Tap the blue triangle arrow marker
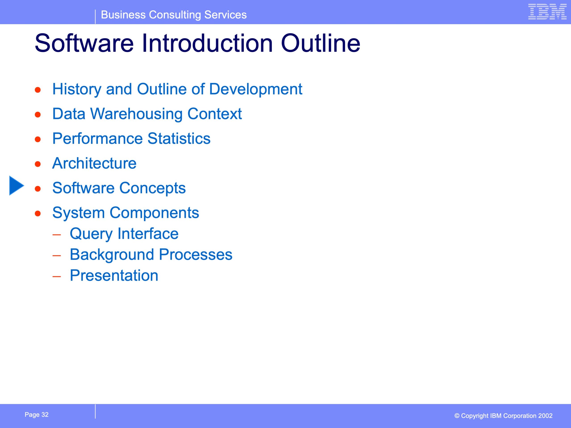pyautogui.click(x=17, y=185)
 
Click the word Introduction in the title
pyautogui.click(x=207, y=43)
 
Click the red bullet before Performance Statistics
pyautogui.click(x=38, y=139)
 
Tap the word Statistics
pyautogui.click(x=179, y=138)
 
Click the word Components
pyautogui.click(x=154, y=213)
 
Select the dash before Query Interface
pyautogui.click(x=56, y=235)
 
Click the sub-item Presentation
pyautogui.click(x=114, y=275)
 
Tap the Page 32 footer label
pyautogui.click(x=36, y=415)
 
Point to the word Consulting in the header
pyautogui.click(x=175, y=15)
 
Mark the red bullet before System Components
pyautogui.click(x=38, y=214)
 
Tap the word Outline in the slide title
pyautogui.click(x=320, y=43)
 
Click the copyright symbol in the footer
pyautogui.click(x=457, y=416)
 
